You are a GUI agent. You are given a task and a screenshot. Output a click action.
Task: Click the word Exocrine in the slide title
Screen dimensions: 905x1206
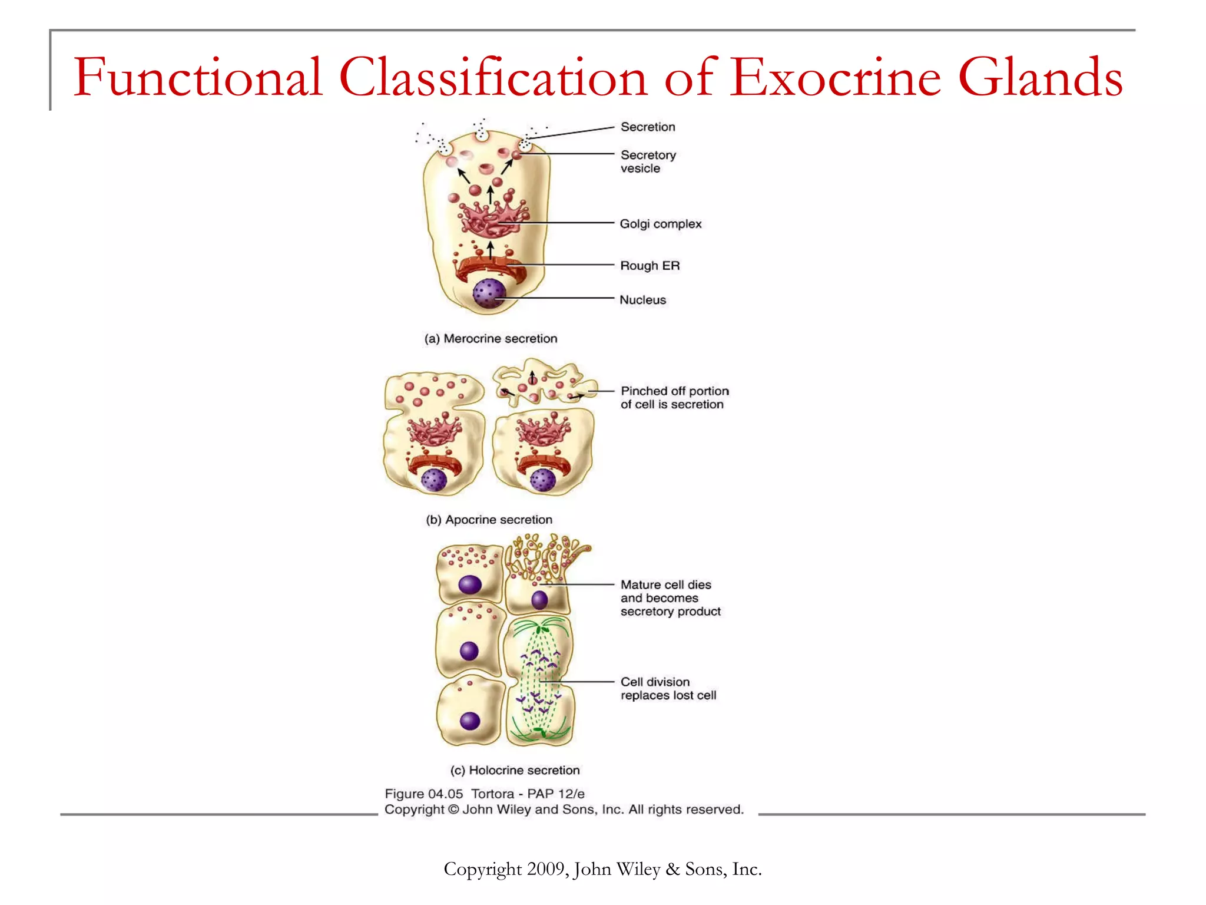[x=836, y=78]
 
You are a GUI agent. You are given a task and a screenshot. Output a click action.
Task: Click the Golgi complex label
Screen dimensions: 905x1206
[x=660, y=224]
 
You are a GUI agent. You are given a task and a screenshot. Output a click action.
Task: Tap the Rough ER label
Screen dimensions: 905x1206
[x=650, y=266]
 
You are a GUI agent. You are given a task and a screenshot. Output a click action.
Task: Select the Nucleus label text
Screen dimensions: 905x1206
[x=642, y=300]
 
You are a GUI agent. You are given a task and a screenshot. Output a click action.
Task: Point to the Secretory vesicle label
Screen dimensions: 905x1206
[x=648, y=161]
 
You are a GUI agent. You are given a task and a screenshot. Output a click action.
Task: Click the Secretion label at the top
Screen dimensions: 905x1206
[x=648, y=127]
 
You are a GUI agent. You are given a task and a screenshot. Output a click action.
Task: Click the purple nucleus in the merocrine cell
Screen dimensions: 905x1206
[x=489, y=293]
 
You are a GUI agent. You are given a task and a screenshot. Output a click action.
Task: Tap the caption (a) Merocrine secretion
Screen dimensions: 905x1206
[x=491, y=339]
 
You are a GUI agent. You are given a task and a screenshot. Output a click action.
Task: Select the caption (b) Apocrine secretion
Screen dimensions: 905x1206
[x=489, y=520]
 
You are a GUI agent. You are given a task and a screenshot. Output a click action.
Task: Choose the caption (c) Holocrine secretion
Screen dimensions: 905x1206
[x=515, y=770]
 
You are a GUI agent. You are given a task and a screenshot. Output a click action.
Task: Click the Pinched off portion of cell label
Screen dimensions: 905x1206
[x=674, y=398]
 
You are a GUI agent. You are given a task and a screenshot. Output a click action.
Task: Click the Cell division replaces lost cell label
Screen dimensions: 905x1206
[x=668, y=689]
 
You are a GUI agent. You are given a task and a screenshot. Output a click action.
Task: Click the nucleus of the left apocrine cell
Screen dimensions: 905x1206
[x=435, y=480]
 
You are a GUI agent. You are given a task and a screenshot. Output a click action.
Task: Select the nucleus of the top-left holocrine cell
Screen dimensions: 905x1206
[x=470, y=584]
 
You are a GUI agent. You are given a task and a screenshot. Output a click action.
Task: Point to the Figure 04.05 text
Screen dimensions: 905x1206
[x=424, y=794]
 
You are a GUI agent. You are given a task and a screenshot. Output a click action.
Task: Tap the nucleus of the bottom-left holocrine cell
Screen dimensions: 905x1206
[x=470, y=721]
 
